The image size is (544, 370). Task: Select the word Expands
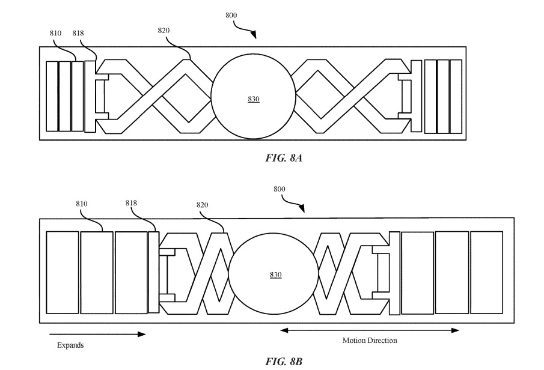click(70, 345)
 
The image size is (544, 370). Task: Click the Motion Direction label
click(370, 341)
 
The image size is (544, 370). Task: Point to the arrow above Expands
click(96, 334)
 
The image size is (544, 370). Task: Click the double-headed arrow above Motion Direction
click(370, 330)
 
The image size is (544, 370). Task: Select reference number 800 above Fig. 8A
click(231, 15)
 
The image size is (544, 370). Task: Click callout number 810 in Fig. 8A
click(55, 34)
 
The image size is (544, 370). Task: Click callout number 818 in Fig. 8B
click(131, 203)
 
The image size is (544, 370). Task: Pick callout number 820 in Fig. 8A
click(164, 30)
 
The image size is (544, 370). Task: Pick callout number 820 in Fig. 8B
click(202, 205)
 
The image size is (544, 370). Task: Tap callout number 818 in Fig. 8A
click(78, 34)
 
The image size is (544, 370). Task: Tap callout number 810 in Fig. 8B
click(82, 204)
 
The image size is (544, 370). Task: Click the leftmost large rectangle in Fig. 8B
click(63, 272)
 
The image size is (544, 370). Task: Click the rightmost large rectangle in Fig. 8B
click(486, 272)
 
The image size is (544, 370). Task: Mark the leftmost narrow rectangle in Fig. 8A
click(52, 96)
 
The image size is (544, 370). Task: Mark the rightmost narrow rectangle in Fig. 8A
click(456, 96)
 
